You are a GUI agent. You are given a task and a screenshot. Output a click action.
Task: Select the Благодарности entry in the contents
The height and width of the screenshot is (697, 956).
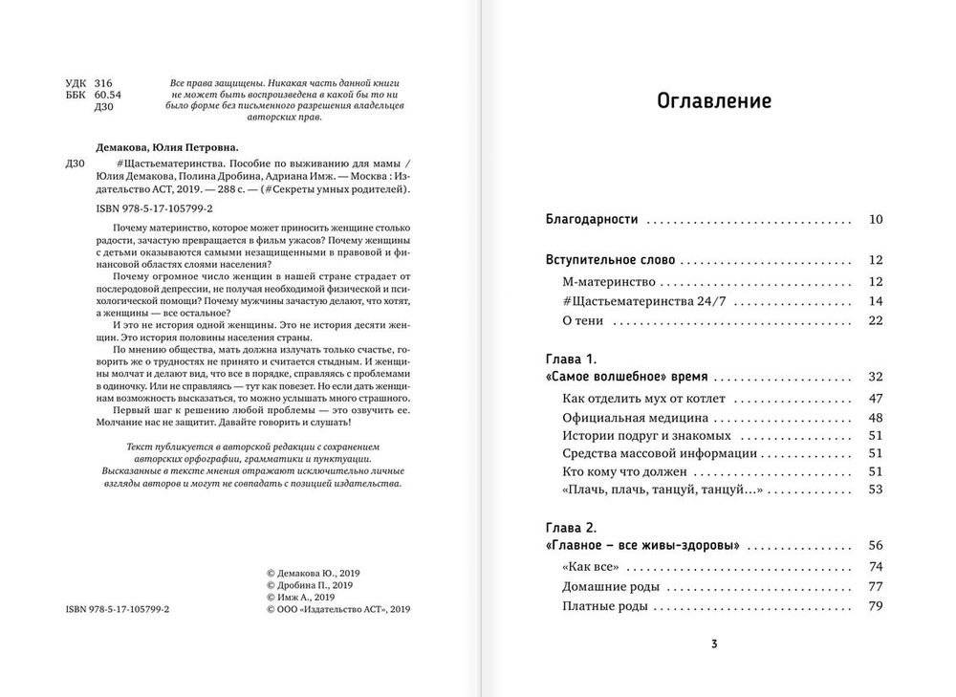(591, 219)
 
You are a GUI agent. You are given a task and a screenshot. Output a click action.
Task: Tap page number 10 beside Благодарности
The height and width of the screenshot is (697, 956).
(876, 219)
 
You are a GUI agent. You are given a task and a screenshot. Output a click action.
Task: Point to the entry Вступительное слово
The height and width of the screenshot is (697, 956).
(610, 259)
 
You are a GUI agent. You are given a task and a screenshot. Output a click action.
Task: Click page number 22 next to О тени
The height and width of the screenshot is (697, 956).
(876, 322)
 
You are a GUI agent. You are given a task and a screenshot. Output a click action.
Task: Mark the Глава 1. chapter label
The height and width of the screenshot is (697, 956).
(571, 359)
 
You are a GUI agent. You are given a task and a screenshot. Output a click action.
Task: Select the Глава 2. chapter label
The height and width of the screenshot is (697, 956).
(571, 527)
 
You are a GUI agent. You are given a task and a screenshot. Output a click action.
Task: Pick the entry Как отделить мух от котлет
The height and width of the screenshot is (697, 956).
(643, 397)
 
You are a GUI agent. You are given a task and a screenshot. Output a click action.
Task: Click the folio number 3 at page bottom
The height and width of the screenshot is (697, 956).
(714, 643)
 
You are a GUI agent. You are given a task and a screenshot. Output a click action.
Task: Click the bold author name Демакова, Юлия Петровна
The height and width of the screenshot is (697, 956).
(166, 148)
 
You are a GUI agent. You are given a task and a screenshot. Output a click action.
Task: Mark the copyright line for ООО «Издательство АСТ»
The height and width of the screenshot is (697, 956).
(339, 607)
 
